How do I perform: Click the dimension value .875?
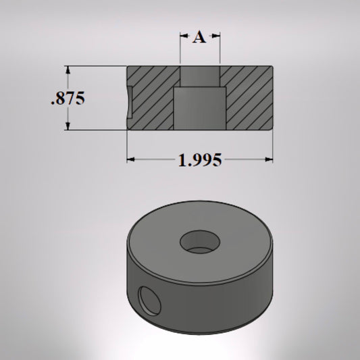point(68,99)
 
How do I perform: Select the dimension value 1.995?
point(199,160)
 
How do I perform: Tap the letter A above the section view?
point(199,38)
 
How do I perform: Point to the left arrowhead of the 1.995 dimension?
point(131,160)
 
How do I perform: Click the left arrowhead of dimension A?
point(183,38)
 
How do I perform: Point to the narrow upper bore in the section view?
point(200,76)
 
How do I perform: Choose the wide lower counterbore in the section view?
point(200,108)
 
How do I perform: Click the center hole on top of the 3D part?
point(199,240)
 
